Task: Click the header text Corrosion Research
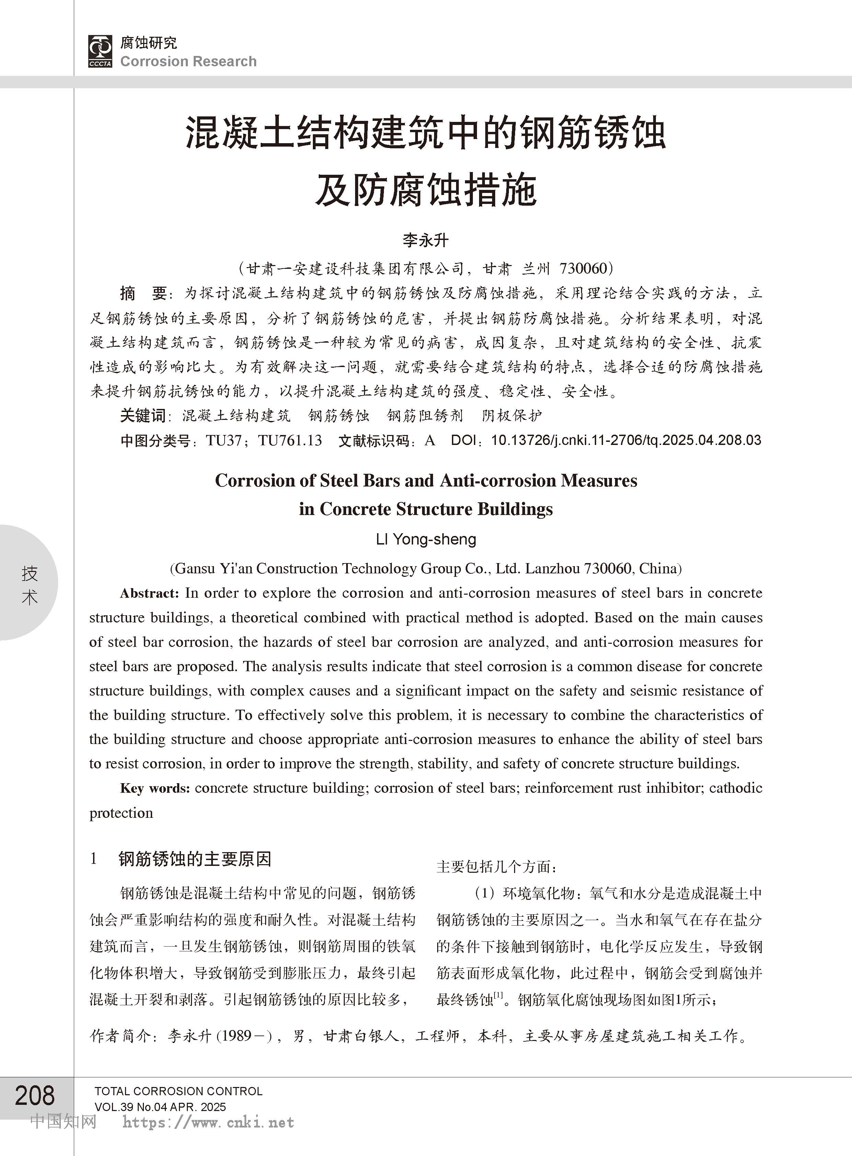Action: (188, 61)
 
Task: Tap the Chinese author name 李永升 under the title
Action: (425, 240)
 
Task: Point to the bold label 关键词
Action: (143, 415)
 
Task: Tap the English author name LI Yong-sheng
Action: (426, 539)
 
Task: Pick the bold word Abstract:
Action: (150, 594)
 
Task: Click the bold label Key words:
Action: (155, 788)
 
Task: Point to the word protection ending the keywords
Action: (121, 813)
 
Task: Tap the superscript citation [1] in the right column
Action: (498, 995)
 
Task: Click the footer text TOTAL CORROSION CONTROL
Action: (179, 1091)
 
